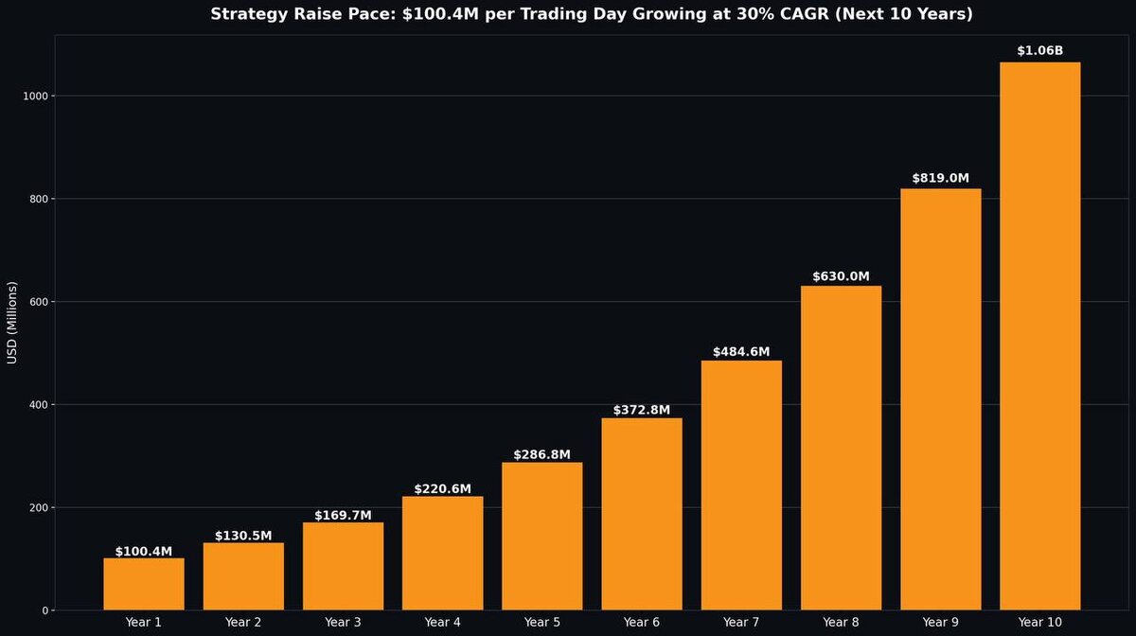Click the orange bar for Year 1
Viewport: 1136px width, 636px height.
(144, 584)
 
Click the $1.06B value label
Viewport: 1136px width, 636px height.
(1039, 51)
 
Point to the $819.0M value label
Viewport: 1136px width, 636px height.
(940, 178)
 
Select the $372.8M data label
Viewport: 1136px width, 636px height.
(641, 410)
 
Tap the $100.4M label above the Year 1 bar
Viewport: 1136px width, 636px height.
(144, 551)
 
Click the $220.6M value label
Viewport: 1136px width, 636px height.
(442, 488)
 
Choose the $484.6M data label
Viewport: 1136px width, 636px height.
(741, 352)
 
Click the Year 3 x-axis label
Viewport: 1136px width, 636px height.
(343, 622)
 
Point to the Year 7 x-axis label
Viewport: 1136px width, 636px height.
(741, 622)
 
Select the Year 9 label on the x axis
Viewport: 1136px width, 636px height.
(940, 622)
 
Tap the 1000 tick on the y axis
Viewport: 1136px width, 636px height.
(34, 97)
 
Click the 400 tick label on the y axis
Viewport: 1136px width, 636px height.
(37, 405)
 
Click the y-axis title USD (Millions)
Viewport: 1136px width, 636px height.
(12, 322)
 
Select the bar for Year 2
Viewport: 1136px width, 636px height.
(243, 576)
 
